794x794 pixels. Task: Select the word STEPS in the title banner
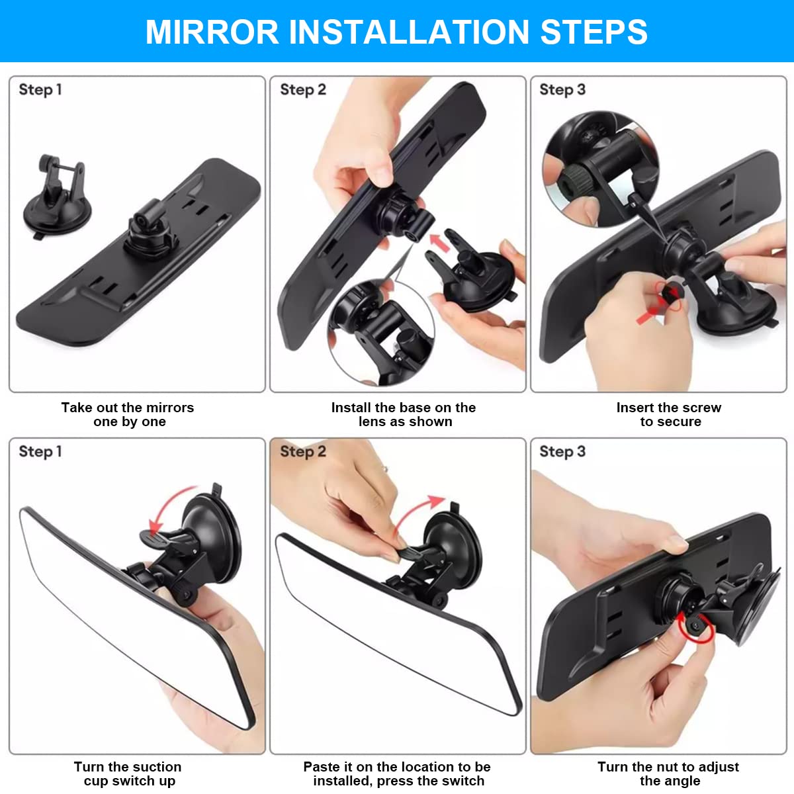pos(594,32)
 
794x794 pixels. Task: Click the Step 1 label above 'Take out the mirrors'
pos(40,89)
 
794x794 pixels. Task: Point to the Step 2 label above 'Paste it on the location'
pos(303,451)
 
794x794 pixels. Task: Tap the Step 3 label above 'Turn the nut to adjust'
pos(562,451)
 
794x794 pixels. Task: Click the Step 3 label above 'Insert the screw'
pos(562,89)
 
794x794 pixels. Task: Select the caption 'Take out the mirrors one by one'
pos(128,415)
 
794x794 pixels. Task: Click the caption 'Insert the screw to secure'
pos(669,415)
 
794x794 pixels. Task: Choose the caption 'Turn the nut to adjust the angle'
pos(668,773)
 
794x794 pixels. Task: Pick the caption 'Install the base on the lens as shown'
pos(404,415)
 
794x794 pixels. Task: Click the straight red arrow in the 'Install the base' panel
pos(439,242)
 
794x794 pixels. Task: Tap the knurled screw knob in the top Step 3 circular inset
pos(576,179)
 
